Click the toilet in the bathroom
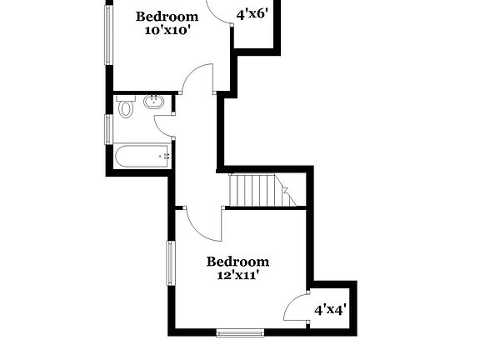126,107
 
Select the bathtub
142,156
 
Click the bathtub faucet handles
166,155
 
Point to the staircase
259,190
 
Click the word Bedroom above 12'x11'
237,262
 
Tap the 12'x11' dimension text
237,275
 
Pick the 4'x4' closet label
330,309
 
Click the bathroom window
108,129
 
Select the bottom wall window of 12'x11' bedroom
240,333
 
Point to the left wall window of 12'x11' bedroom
170,262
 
